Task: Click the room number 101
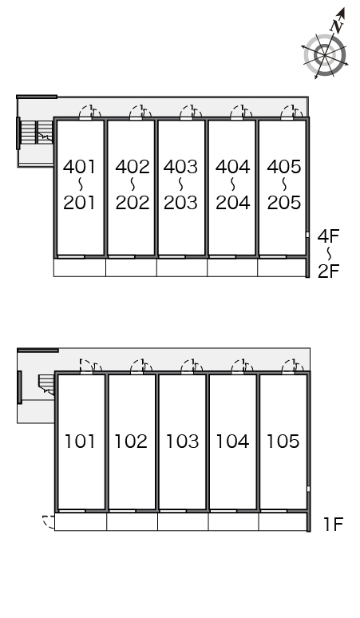pyautogui.click(x=80, y=441)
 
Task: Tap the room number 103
pyautogui.click(x=182, y=441)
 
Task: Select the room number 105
pyautogui.click(x=283, y=441)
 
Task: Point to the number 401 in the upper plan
pyautogui.click(x=79, y=167)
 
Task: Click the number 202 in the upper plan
pyautogui.click(x=133, y=203)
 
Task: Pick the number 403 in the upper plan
pyautogui.click(x=180, y=167)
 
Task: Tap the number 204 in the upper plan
pyautogui.click(x=233, y=203)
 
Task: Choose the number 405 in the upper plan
pyautogui.click(x=284, y=167)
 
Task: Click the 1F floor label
pyautogui.click(x=333, y=525)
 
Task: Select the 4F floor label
pyautogui.click(x=329, y=236)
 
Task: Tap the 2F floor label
pyautogui.click(x=329, y=271)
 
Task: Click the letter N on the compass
pyautogui.click(x=337, y=26)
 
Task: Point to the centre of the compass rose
pyautogui.click(x=325, y=55)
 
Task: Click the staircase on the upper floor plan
pyautogui.click(x=37, y=133)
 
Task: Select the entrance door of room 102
pyautogui.click(x=141, y=366)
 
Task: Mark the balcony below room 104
pyautogui.click(x=234, y=522)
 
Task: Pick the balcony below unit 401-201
pyautogui.click(x=80, y=267)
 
